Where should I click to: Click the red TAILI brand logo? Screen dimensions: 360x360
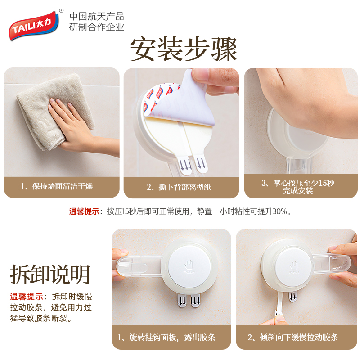(x=34, y=26)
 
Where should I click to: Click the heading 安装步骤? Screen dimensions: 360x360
(x=184, y=49)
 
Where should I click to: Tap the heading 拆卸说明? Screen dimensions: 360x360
(x=50, y=274)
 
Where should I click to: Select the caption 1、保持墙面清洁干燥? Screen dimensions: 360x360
(x=57, y=186)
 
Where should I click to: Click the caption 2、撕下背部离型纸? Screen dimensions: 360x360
(x=179, y=187)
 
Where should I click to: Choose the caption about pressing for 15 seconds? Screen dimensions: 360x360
(x=298, y=187)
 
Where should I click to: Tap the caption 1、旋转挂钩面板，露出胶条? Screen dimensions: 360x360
(x=166, y=337)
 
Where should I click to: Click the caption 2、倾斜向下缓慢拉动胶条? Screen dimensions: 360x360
(x=293, y=337)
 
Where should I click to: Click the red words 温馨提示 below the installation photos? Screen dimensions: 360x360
(x=84, y=211)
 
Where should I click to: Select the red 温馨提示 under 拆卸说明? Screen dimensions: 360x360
(x=27, y=297)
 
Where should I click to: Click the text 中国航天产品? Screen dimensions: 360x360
(x=97, y=16)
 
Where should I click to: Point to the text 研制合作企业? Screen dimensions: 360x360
(x=97, y=27)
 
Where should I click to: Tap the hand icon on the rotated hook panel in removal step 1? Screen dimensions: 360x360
(x=189, y=265)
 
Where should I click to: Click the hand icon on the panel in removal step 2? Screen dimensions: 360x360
(x=294, y=265)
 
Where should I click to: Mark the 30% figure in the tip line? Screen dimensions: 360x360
(x=279, y=211)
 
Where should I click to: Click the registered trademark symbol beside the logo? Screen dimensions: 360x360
(x=61, y=10)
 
